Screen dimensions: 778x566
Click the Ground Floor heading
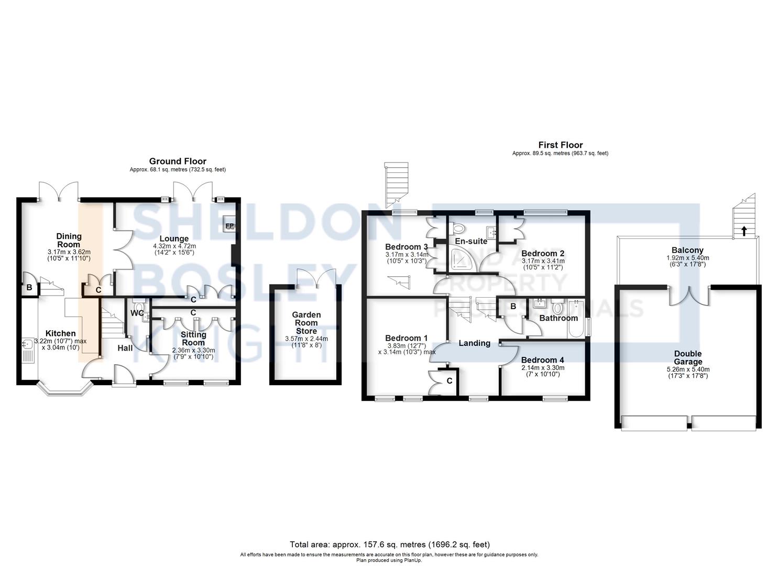tap(178, 161)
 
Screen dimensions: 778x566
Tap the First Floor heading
tap(561, 145)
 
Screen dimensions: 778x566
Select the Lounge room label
tap(174, 238)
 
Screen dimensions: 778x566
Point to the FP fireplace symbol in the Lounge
tap(229, 226)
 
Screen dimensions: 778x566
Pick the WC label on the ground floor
tap(137, 313)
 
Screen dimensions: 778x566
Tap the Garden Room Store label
tap(306, 323)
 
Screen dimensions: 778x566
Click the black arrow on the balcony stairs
tap(744, 231)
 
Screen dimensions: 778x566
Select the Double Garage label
tap(688, 357)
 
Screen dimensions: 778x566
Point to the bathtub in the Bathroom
tap(576, 319)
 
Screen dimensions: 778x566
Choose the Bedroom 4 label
tap(543, 360)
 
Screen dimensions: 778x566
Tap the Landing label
tap(475, 343)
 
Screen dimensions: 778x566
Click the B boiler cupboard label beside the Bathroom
tap(513, 307)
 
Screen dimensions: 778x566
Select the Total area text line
tap(390, 545)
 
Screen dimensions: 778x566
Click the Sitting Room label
tap(193, 339)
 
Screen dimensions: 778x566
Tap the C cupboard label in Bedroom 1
tap(450, 381)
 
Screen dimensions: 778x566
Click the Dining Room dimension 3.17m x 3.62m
tap(69, 252)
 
